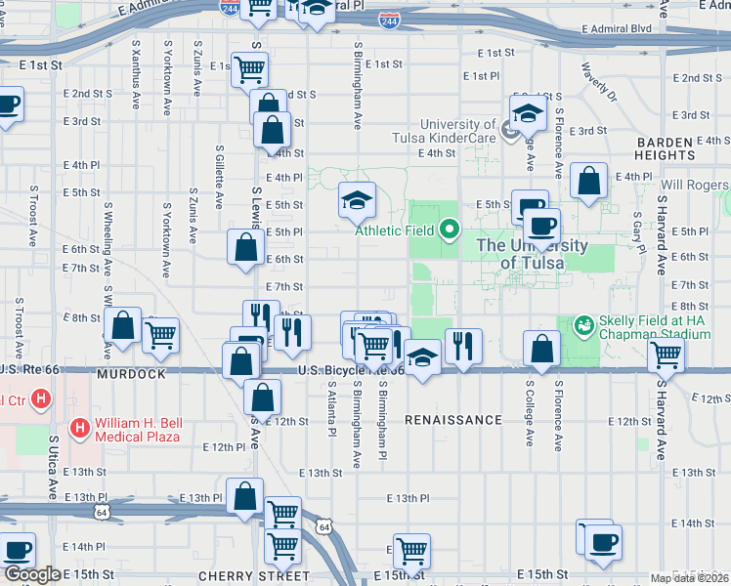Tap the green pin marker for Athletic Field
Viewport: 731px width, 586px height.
[x=450, y=230]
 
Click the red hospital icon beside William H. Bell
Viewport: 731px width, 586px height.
[x=80, y=427]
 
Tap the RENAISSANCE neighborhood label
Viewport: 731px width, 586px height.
[x=452, y=420]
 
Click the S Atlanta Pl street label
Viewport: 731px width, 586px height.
[x=331, y=409]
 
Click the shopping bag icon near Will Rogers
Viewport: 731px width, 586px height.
[x=587, y=181]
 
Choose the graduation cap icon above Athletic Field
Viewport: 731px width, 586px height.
[x=357, y=200]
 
